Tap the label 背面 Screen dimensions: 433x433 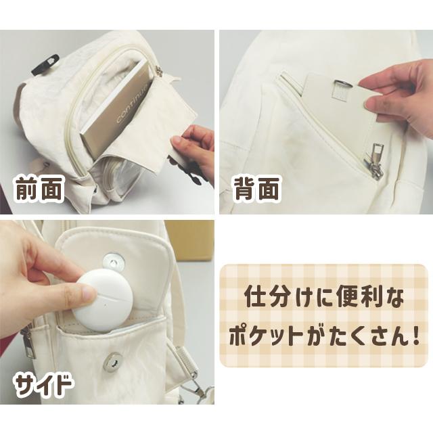pyautogui.click(x=256, y=189)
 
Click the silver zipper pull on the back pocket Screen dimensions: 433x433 pyautogui.click(x=372, y=162)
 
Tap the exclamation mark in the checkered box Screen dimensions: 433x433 pyautogui.click(x=411, y=336)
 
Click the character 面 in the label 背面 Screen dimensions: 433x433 pyautogui.click(x=269, y=189)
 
